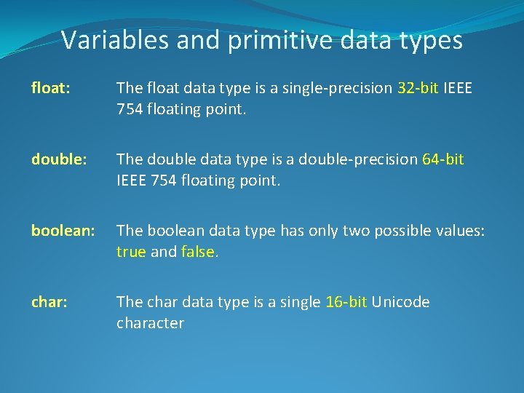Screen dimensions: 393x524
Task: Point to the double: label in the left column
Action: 54,159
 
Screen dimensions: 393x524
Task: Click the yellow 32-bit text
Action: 418,89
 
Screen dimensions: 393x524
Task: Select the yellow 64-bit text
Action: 442,159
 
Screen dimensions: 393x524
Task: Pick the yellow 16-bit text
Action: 346,302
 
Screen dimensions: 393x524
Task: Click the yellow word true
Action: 131,252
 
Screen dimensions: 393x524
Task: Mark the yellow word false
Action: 196,252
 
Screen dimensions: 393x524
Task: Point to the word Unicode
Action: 401,302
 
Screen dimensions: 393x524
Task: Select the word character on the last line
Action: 150,323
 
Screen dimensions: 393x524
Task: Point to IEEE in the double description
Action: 132,180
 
